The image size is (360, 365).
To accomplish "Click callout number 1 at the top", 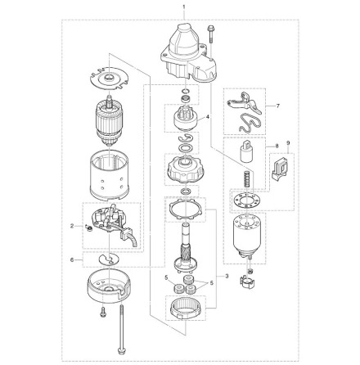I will point(184,7).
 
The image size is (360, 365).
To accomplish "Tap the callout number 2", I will point(72,224).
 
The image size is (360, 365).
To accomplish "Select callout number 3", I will point(214,276).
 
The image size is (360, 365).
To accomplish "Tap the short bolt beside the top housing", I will point(211,33).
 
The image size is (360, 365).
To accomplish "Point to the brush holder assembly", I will point(111,226).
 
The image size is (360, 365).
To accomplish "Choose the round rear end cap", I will point(109,286).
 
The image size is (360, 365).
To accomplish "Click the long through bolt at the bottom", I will point(120,327).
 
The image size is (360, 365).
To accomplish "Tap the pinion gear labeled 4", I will point(181,119).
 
